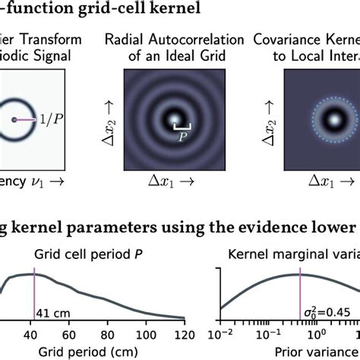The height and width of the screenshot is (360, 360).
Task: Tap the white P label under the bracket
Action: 183,139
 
